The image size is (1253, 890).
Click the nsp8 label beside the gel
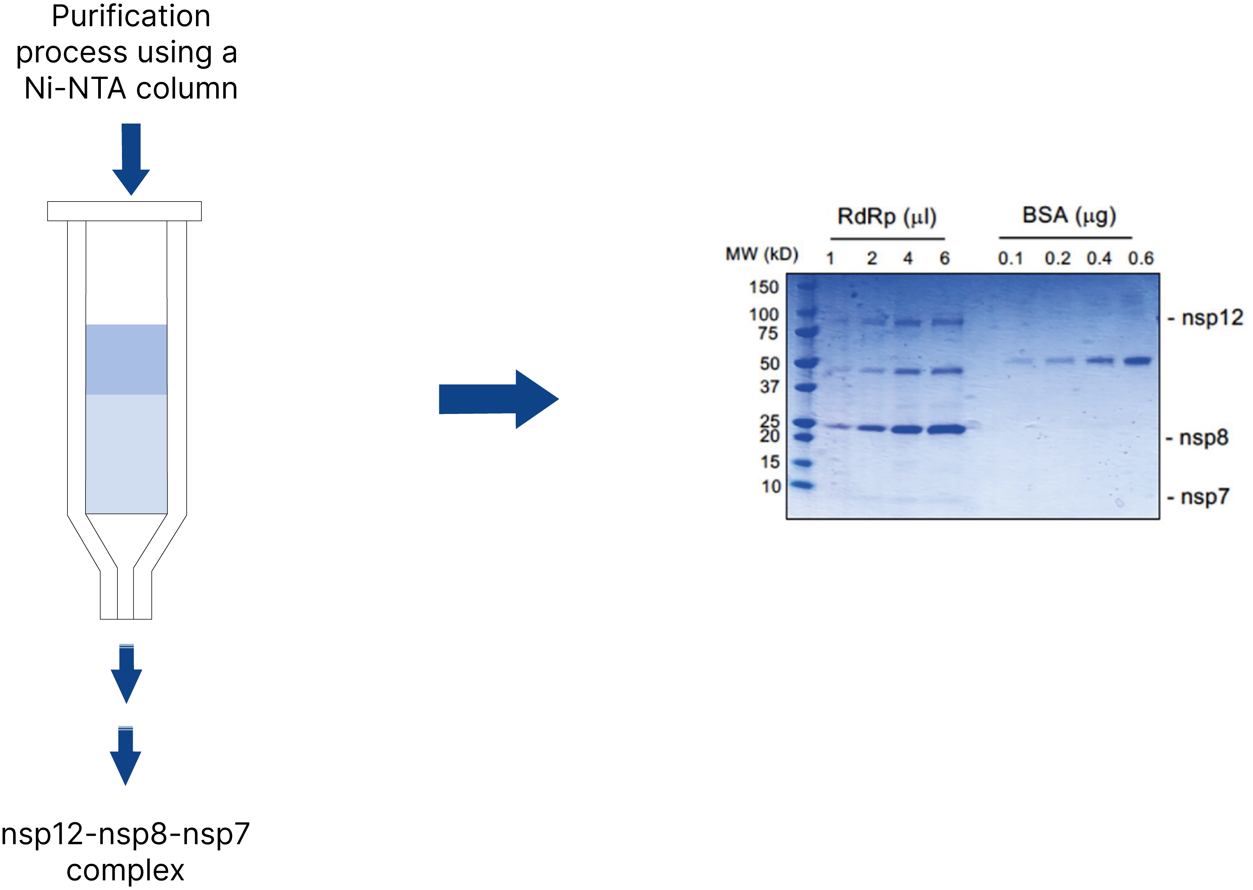pos(1204,438)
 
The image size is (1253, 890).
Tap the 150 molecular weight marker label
pos(764,287)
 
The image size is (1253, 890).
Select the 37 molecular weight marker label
pos(770,387)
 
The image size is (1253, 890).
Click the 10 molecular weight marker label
pos(771,486)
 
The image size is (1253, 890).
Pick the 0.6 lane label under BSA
pos(1141,258)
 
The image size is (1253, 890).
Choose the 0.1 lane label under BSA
pos(1010,258)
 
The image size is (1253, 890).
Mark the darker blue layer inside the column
pos(126,359)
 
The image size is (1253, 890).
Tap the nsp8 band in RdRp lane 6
pos(946,429)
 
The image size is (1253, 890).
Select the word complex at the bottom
pos(126,870)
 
